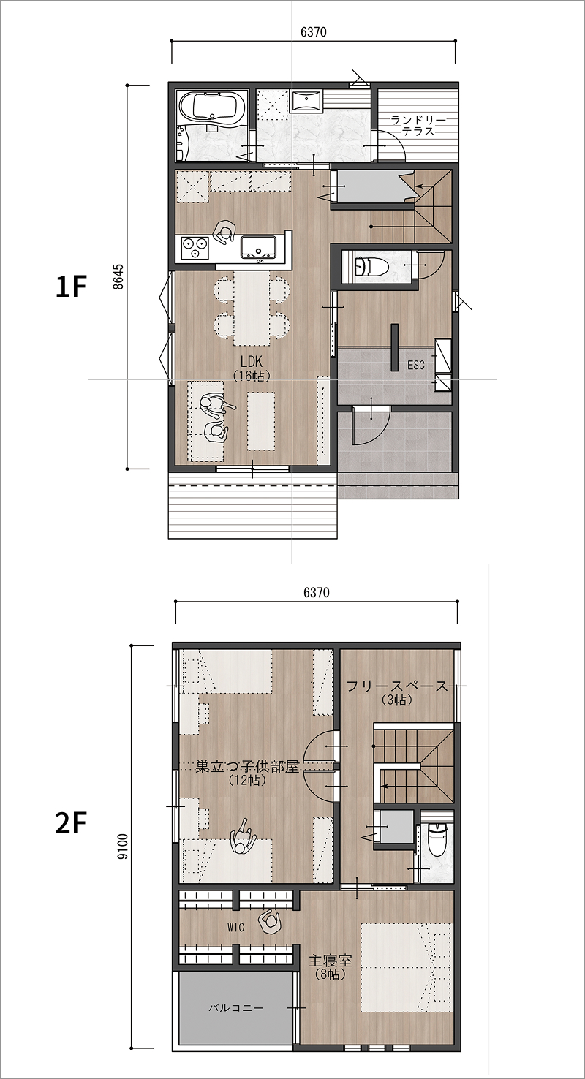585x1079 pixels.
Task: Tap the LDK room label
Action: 251,361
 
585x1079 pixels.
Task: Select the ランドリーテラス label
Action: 418,125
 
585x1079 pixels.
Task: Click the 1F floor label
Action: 71,287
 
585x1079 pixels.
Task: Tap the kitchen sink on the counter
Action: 260,248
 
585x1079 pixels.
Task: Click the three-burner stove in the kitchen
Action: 195,249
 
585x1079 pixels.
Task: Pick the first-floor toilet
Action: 371,265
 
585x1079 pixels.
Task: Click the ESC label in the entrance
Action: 416,365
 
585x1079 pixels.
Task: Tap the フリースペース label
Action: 398,686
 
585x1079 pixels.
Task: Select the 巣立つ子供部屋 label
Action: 248,767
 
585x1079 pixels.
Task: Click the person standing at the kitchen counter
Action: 224,232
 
